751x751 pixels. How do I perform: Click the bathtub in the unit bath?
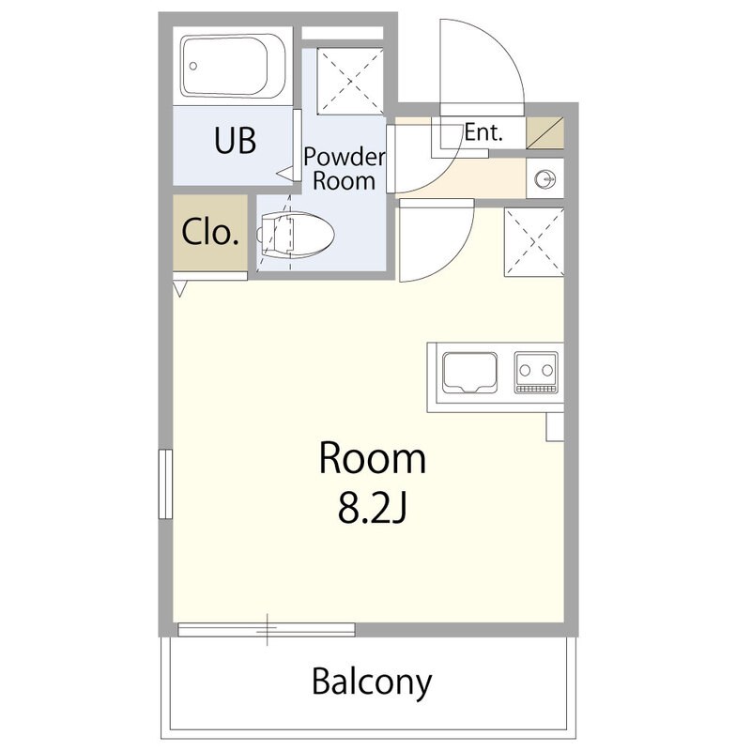pos(233,66)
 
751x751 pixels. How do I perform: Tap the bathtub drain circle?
pos(193,66)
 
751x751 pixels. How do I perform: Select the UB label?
pos(235,140)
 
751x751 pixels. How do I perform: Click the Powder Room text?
pos(344,169)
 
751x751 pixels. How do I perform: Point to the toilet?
pos(296,235)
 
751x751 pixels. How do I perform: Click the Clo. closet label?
pos(210,232)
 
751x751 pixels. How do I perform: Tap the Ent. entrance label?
pos(483,132)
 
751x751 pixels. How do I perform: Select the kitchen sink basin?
pos(469,372)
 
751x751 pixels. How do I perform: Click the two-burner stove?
pos(536,373)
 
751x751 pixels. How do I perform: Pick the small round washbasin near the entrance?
pos(545,179)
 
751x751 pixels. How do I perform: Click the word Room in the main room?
pos(372,459)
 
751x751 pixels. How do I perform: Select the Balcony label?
pos(372,682)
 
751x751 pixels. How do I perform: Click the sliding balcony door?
pos(267,629)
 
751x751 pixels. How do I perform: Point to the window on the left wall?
pos(165,483)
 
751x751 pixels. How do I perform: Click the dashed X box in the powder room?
pos(350,82)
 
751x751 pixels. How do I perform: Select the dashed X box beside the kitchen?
pos(534,242)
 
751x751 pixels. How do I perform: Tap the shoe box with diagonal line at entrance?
pos(545,132)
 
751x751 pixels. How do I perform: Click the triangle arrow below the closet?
pos(180,289)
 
